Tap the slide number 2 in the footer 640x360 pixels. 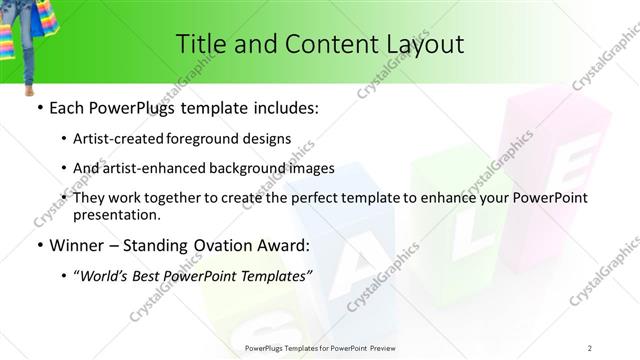[591, 347]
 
